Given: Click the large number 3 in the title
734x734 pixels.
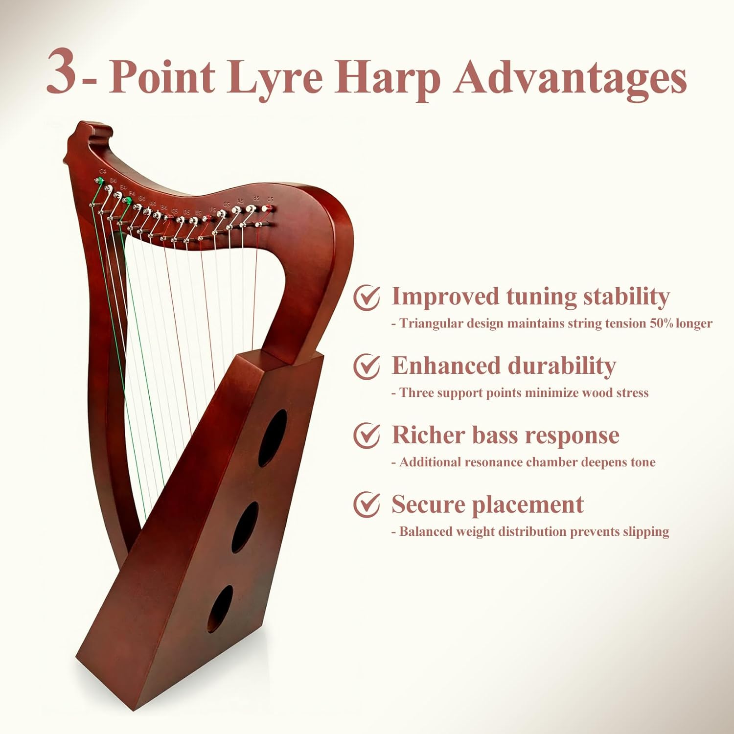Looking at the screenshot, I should click(62, 72).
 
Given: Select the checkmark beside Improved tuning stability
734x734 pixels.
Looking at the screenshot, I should click(367, 298).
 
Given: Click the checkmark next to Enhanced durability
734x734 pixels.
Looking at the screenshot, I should click(367, 367).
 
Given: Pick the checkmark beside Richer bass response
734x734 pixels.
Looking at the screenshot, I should click(367, 436).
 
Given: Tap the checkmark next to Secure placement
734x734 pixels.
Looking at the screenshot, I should click(367, 505).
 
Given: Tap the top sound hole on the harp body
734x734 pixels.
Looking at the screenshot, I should click(273, 437).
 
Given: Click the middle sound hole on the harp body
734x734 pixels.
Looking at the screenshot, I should click(245, 527).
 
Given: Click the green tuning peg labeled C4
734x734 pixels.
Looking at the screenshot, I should click(99, 182).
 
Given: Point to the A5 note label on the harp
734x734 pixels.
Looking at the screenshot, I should click(240, 201).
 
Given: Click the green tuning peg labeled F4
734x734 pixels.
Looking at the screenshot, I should click(128, 201).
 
